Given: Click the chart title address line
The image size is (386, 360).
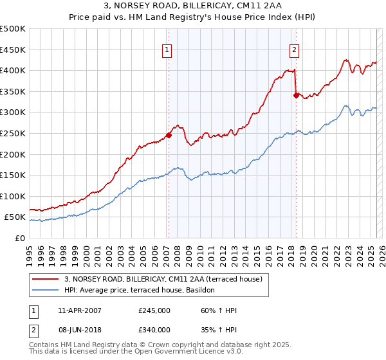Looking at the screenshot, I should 192,6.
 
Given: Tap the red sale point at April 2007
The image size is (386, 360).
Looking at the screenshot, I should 169,135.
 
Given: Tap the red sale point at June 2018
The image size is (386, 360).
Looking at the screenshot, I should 296,95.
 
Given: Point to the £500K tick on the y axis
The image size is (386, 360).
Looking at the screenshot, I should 14,29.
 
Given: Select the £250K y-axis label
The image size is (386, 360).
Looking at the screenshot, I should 14,133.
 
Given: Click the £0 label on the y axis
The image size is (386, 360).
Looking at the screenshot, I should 19,238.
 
